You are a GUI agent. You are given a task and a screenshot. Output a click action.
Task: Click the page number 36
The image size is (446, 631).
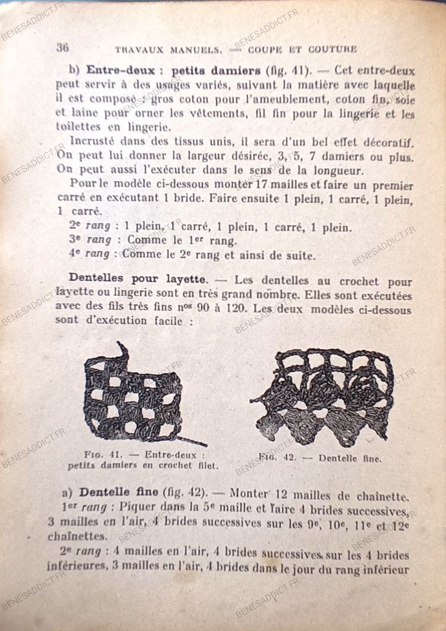click(x=62, y=47)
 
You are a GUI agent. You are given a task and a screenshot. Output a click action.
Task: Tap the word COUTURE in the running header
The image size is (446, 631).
click(x=333, y=49)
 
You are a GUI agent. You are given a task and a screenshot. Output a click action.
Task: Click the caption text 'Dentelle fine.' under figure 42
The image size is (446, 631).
click(x=350, y=458)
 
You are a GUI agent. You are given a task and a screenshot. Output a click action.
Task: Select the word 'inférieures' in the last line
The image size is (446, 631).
click(x=76, y=566)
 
